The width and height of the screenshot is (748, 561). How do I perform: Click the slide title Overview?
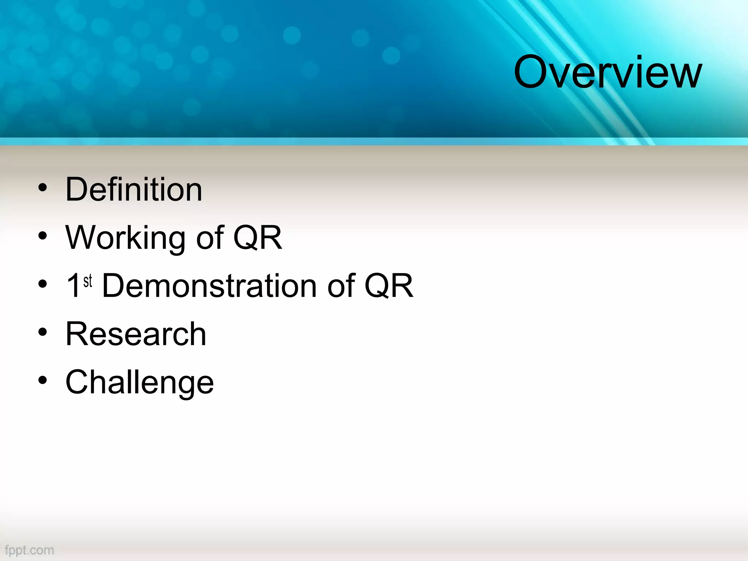607,72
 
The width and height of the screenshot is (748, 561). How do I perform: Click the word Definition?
134,190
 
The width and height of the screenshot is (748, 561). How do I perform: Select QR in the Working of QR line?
257,238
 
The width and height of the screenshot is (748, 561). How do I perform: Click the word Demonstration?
209,286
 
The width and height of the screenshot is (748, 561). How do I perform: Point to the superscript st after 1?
88,281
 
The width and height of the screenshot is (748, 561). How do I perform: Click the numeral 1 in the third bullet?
74,286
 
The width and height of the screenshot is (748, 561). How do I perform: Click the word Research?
136,334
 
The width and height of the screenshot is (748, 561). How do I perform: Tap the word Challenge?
140,382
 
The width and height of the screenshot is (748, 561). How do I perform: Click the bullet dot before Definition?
43,188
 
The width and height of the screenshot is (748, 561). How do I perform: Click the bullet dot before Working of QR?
43,236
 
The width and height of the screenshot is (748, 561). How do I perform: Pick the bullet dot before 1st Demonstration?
43,284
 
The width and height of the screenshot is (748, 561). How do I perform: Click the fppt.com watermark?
30,550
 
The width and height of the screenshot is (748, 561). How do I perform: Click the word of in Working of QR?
210,238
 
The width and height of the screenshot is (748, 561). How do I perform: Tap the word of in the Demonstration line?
341,286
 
